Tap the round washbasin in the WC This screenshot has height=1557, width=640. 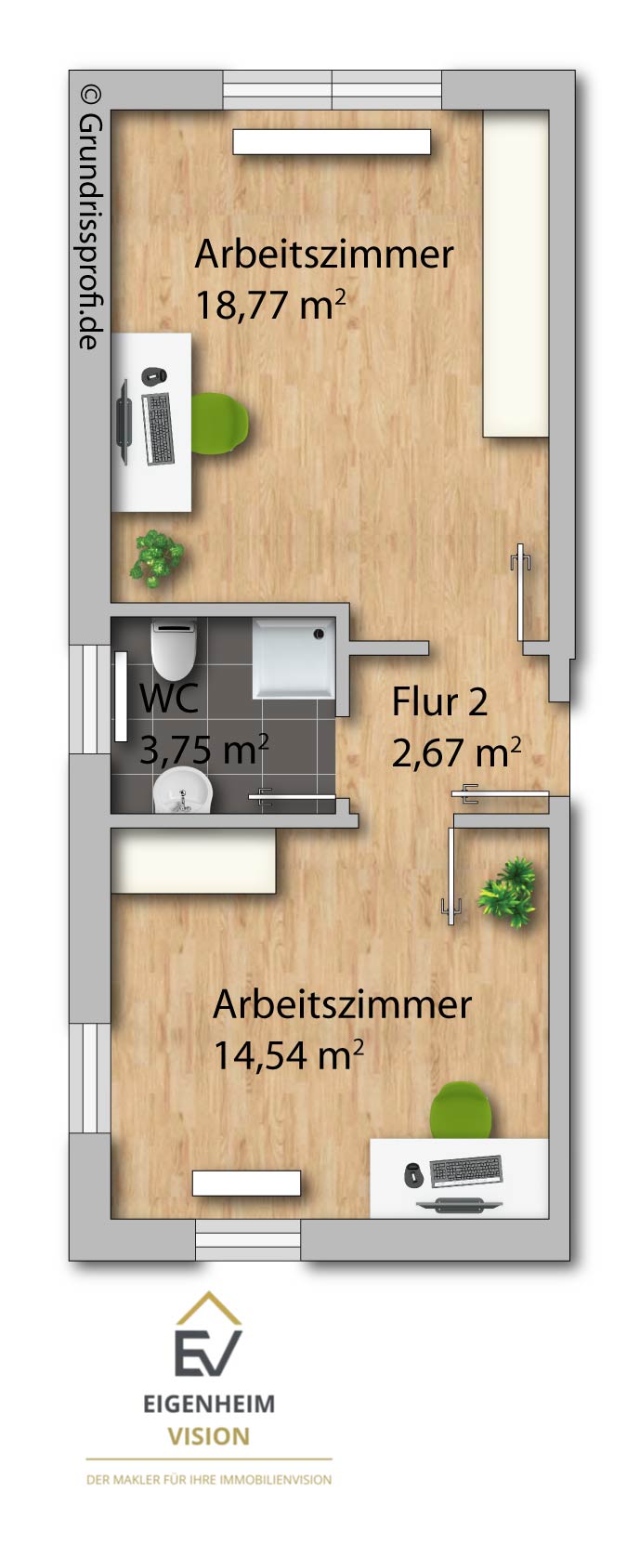click(x=183, y=792)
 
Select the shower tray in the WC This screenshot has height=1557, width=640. click(x=294, y=658)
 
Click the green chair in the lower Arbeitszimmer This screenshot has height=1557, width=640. click(x=461, y=1110)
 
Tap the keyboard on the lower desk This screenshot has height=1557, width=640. click(x=466, y=1171)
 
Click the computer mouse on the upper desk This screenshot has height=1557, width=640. click(x=154, y=374)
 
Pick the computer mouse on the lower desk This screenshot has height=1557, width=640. click(x=413, y=1174)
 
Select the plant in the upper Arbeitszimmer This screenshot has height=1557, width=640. click(x=156, y=557)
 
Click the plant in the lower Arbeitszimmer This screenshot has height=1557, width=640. click(x=507, y=893)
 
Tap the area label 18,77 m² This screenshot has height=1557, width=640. click(x=270, y=305)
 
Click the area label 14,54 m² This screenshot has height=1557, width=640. click(x=288, y=1055)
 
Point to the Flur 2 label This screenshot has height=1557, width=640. click(x=439, y=701)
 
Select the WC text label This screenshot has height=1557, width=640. click(x=169, y=698)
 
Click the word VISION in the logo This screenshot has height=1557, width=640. click(x=208, y=1436)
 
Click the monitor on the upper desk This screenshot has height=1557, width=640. click(x=124, y=421)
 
